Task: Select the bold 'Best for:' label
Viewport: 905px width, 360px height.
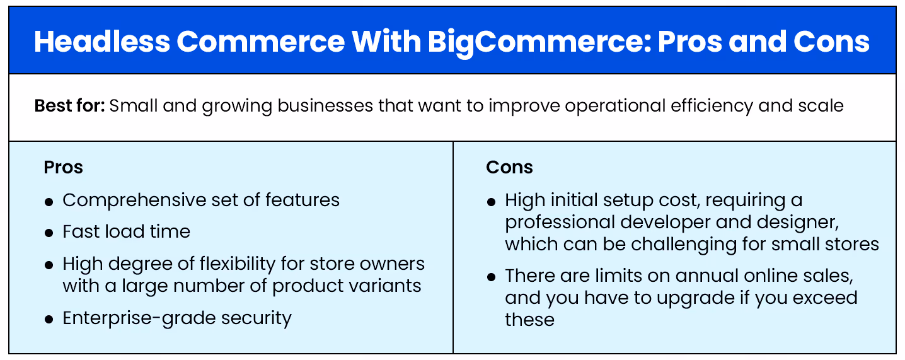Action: (x=69, y=105)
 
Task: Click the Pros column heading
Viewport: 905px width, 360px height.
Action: (x=63, y=167)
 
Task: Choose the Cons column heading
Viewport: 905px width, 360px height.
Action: (x=509, y=167)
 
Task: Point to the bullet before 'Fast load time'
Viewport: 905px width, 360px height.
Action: (x=49, y=233)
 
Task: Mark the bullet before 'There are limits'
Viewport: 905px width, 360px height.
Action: (x=492, y=277)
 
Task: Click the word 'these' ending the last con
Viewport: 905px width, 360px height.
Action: (x=529, y=319)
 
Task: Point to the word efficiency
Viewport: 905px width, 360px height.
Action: (x=691, y=105)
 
